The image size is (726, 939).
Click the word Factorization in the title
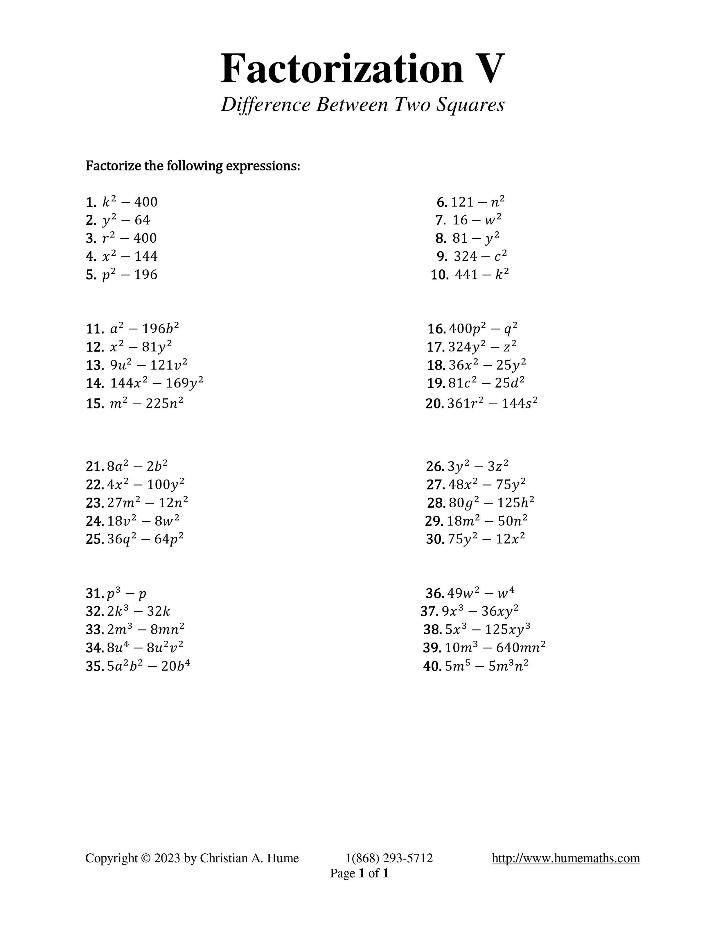click(x=342, y=69)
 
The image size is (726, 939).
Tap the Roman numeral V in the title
click(x=487, y=69)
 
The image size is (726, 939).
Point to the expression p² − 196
click(x=130, y=275)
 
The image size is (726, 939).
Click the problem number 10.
click(x=440, y=275)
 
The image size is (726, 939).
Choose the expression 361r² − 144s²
click(x=493, y=403)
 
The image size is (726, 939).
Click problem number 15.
click(x=94, y=404)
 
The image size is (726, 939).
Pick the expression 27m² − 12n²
click(x=148, y=503)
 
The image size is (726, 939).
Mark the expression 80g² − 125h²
click(x=491, y=503)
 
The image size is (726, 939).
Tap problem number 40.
click(x=432, y=666)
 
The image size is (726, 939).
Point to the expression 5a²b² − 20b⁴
click(x=148, y=666)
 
